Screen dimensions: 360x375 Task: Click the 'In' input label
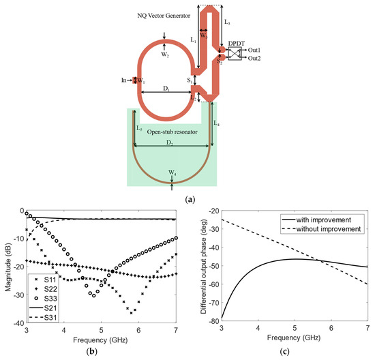[124, 80]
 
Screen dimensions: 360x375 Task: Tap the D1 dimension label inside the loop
[165, 88]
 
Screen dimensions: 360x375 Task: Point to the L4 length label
[217, 124]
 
